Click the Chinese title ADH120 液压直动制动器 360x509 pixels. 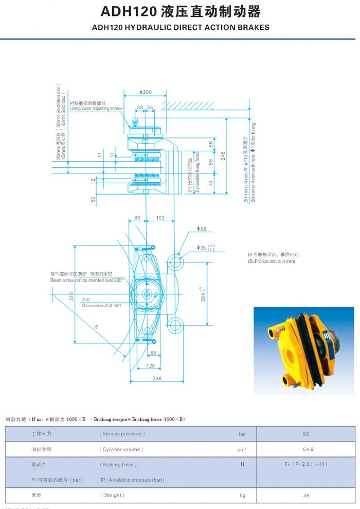click(x=180, y=12)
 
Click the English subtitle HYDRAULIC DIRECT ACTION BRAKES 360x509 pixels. click(x=180, y=27)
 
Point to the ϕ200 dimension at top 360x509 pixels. click(x=146, y=92)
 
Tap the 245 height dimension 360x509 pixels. click(x=223, y=155)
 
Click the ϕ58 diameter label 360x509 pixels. click(x=201, y=229)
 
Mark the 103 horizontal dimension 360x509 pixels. click(x=160, y=218)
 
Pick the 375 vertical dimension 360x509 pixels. click(x=72, y=297)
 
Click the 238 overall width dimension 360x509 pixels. click(x=157, y=378)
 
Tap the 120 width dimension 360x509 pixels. click(x=150, y=366)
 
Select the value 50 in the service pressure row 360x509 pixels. click(x=306, y=434)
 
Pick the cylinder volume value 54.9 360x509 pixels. click(x=306, y=449)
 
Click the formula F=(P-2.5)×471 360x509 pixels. click(x=306, y=464)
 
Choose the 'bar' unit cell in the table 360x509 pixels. click(x=242, y=434)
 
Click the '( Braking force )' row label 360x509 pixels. click(x=118, y=464)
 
